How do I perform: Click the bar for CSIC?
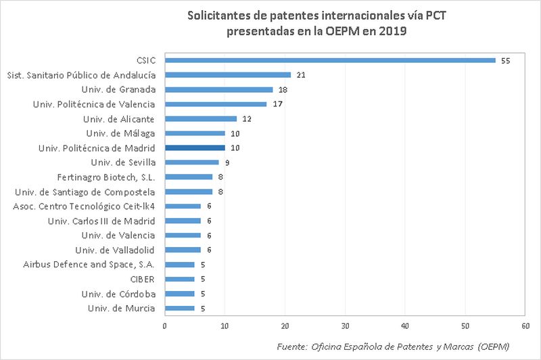(330, 60)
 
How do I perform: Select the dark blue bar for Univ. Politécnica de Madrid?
(195, 148)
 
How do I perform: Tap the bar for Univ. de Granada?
(218, 89)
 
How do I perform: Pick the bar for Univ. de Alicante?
(201, 118)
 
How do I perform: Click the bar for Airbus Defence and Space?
(180, 265)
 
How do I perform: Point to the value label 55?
(505, 60)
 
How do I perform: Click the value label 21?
(301, 74)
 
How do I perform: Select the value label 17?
(277, 104)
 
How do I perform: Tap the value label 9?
(227, 162)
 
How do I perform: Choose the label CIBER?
(143, 279)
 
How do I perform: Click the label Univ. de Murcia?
(122, 309)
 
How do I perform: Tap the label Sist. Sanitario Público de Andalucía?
(80, 74)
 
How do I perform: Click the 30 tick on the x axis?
(345, 325)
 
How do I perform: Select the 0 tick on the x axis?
(165, 325)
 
